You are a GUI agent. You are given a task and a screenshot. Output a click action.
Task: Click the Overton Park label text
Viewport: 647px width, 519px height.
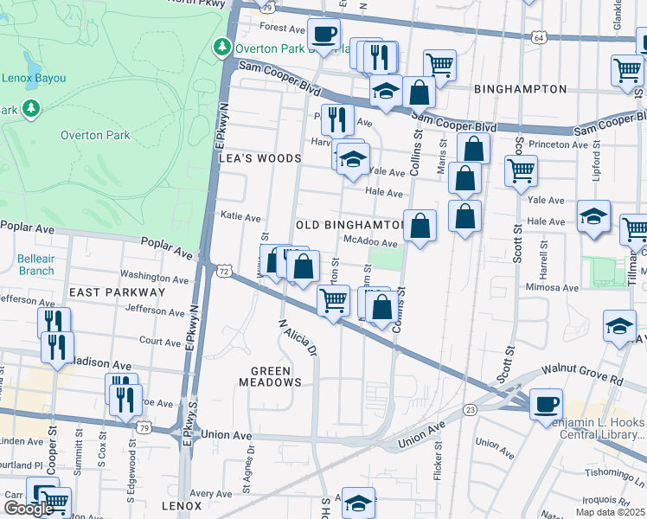[95, 135]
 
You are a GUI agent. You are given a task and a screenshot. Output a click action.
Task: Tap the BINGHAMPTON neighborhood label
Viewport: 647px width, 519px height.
[520, 89]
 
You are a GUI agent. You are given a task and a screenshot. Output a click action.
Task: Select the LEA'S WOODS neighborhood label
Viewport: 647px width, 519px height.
[260, 158]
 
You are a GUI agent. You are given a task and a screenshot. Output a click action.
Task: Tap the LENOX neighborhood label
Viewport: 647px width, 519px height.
[181, 505]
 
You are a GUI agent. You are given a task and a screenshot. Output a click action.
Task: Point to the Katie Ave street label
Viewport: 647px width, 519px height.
[240, 216]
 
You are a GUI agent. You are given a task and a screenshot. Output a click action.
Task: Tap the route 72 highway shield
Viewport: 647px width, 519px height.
[225, 272]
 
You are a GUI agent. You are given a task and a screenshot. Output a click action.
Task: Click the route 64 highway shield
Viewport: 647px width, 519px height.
[539, 37]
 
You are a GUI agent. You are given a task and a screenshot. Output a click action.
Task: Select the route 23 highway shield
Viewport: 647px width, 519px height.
[471, 409]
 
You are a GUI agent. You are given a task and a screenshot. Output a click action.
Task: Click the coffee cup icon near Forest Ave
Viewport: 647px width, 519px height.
[324, 35]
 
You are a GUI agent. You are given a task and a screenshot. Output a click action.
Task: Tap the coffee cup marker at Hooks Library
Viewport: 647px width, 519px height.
[546, 404]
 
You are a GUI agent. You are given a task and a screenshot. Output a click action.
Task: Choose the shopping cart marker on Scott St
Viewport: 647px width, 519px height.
[521, 170]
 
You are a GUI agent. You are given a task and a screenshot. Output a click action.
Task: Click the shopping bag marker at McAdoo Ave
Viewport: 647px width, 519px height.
[420, 226]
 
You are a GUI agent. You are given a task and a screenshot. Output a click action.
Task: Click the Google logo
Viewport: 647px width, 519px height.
[28, 509]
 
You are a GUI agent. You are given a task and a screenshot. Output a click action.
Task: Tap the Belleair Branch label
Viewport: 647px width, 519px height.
[35, 265]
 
